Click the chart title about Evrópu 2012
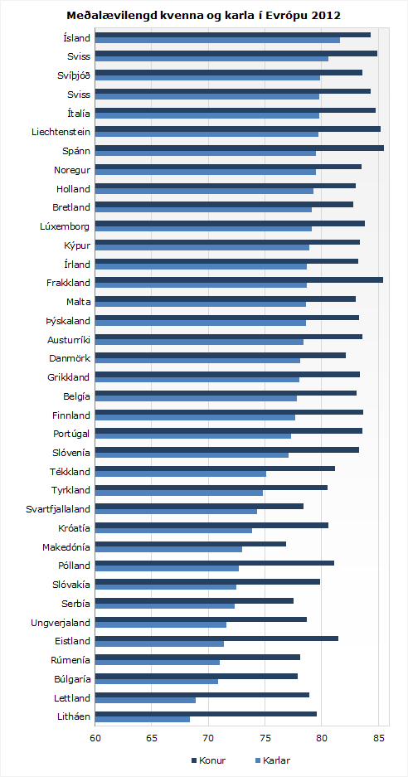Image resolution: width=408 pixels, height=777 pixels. point(204,16)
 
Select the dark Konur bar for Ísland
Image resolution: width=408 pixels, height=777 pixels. point(233,35)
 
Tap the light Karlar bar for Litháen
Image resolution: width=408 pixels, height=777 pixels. point(143,720)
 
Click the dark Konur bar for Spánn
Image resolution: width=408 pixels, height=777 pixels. point(240,148)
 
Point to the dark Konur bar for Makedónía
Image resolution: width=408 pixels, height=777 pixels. point(191,544)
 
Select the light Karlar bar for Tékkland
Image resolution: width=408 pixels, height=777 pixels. point(181,473)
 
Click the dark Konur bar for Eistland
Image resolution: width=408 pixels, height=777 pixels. point(216,639)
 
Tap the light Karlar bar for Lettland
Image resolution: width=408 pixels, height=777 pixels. point(145,701)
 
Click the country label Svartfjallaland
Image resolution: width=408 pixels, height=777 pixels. point(58,509)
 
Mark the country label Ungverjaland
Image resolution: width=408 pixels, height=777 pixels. point(61,622)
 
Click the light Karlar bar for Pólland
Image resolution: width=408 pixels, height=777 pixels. point(167,568)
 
